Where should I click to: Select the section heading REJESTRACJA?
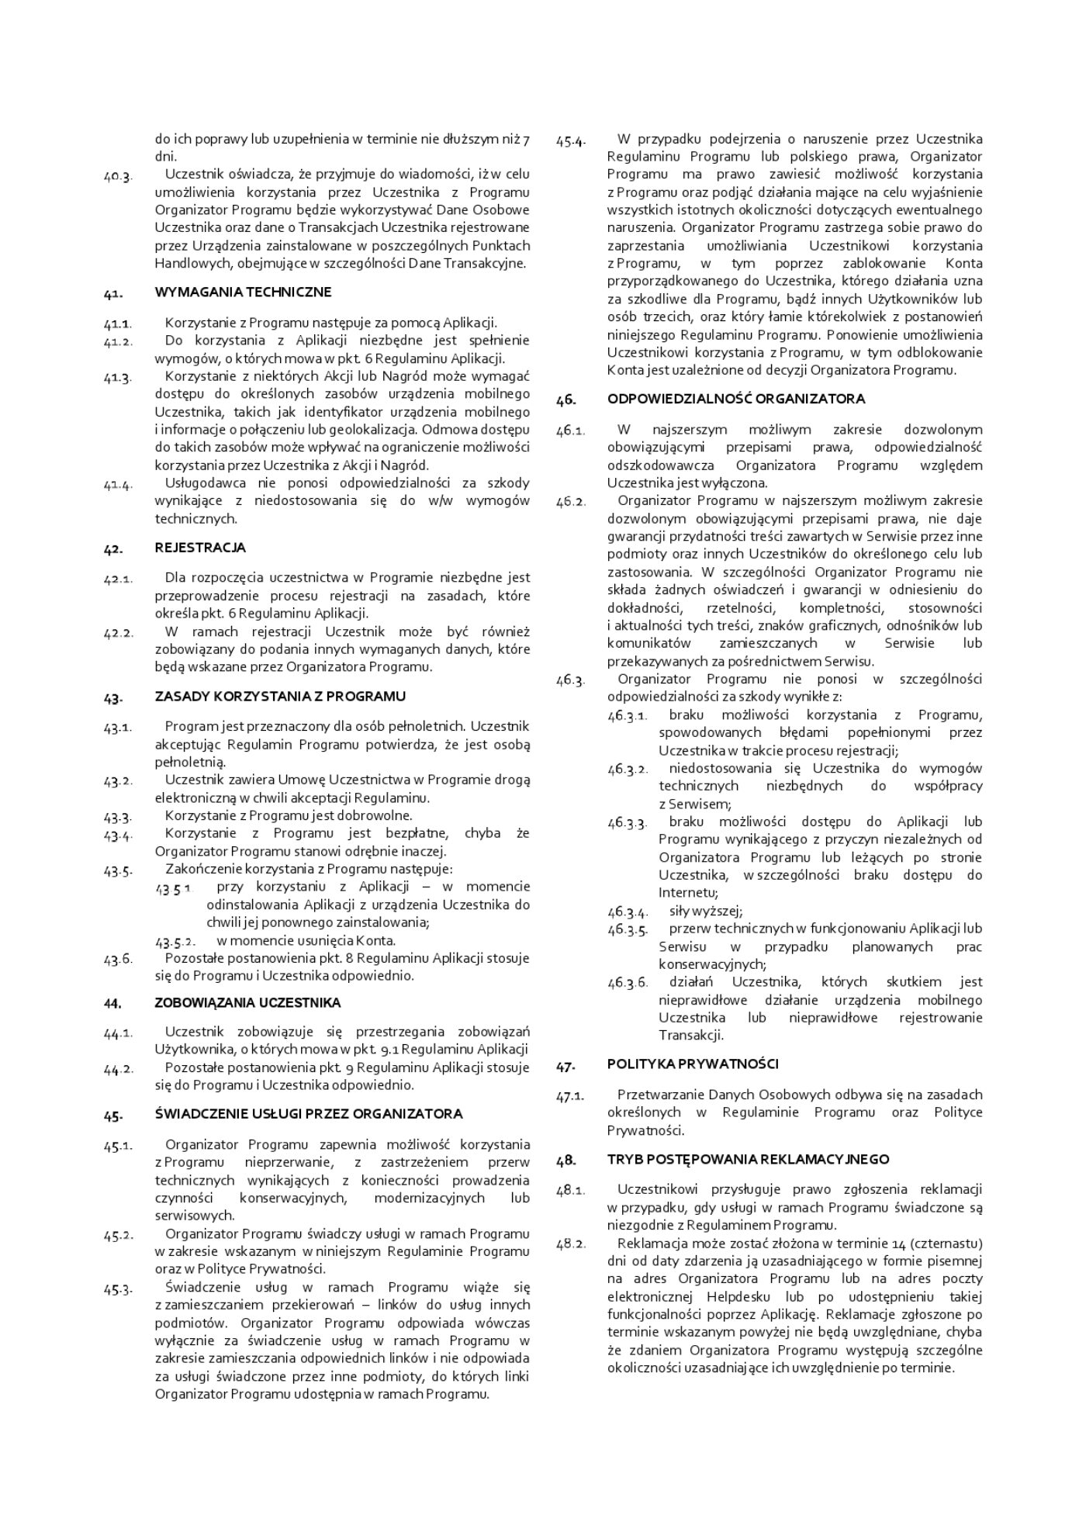pos(200,548)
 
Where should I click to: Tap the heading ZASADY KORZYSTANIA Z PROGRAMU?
pos(280,697)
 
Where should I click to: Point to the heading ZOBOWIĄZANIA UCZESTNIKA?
pos(247,1003)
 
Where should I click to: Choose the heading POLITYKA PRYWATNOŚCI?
pos(693,1064)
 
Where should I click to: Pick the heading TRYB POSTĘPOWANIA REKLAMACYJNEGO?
pos(748,1160)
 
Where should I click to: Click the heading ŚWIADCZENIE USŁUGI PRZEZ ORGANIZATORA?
pos(308,1114)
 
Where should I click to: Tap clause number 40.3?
pos(118,175)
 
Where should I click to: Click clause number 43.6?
pos(118,959)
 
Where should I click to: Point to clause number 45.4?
pos(571,140)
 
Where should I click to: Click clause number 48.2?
pos(571,1245)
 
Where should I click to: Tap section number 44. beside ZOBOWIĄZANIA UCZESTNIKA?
pos(112,1004)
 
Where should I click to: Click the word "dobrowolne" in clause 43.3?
pos(380,815)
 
